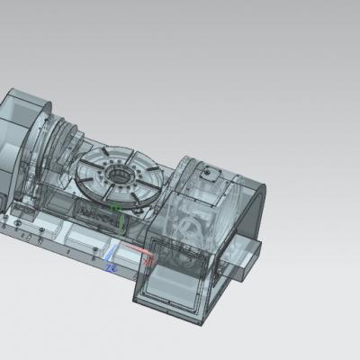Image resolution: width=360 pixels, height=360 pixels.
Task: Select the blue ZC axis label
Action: [x=111, y=267]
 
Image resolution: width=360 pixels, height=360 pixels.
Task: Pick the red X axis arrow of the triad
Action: [x=135, y=251]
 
